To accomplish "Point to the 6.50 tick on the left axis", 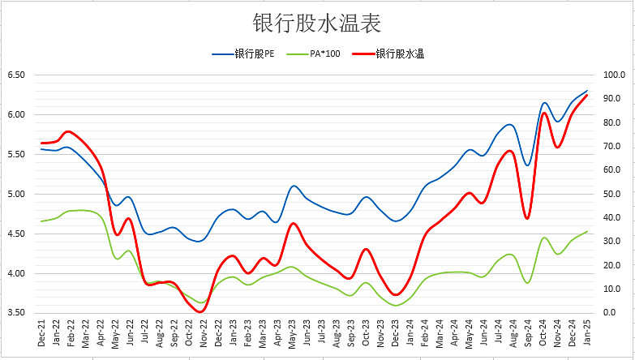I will (x=16, y=75).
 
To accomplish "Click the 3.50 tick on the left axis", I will (x=16, y=313).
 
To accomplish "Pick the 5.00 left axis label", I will (x=16, y=194).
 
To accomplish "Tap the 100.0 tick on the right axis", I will (x=612, y=75).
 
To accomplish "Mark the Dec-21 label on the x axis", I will (x=41, y=333).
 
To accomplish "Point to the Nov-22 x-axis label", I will (x=203, y=333).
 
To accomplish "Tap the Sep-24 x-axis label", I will (x=528, y=333).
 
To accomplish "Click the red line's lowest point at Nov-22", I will (x=201, y=311).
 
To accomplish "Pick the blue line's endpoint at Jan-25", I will (x=587, y=91).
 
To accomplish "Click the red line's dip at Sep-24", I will (x=527, y=218).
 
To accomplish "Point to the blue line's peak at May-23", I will (x=293, y=186).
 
